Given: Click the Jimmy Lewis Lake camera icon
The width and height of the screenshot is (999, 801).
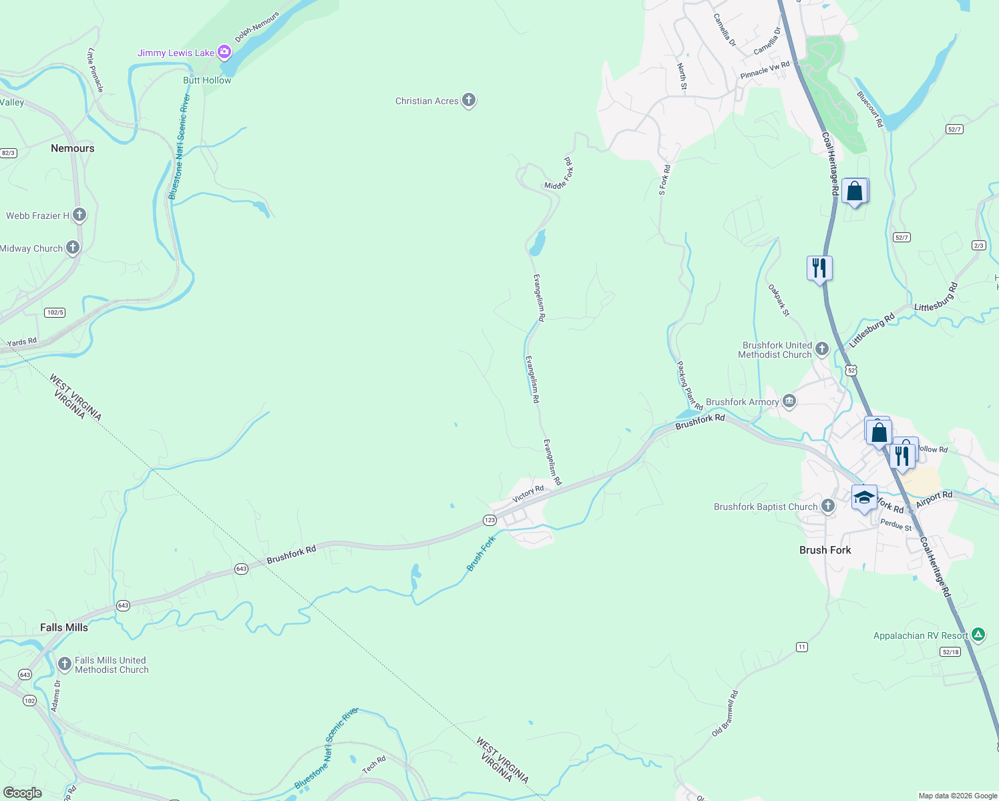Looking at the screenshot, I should [224, 51].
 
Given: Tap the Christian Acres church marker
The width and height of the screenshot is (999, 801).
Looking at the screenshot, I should [469, 100].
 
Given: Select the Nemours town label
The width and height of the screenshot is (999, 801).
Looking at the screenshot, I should [73, 148].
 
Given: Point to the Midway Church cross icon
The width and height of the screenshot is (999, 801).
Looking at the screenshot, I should [73, 248].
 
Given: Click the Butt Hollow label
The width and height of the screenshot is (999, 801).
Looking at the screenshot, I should [207, 80].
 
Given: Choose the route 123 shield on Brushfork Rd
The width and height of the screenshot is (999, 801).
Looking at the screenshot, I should [489, 520].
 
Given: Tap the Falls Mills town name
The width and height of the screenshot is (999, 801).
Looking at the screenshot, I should [64, 627].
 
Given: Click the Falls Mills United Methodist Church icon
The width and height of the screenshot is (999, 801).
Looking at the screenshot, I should [65, 663].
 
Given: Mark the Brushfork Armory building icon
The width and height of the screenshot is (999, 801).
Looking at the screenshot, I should [789, 400].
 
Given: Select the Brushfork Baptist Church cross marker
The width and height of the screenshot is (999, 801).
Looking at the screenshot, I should [828, 506].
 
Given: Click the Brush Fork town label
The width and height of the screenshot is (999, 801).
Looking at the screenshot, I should [825, 550].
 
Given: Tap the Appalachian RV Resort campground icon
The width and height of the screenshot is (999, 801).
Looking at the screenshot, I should [978, 635].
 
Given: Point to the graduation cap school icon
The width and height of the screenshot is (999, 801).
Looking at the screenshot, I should [864, 497].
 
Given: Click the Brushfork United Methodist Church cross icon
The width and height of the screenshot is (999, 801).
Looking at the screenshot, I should [822, 348].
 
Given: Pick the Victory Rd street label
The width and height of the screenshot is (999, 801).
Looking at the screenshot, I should [528, 494].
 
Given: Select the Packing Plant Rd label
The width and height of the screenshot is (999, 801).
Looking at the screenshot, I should [690, 386].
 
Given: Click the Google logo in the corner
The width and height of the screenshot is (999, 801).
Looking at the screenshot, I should [22, 793].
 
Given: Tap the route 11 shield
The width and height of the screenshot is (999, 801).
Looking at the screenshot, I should [802, 647].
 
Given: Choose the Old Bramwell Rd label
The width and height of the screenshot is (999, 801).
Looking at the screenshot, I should [725, 714].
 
